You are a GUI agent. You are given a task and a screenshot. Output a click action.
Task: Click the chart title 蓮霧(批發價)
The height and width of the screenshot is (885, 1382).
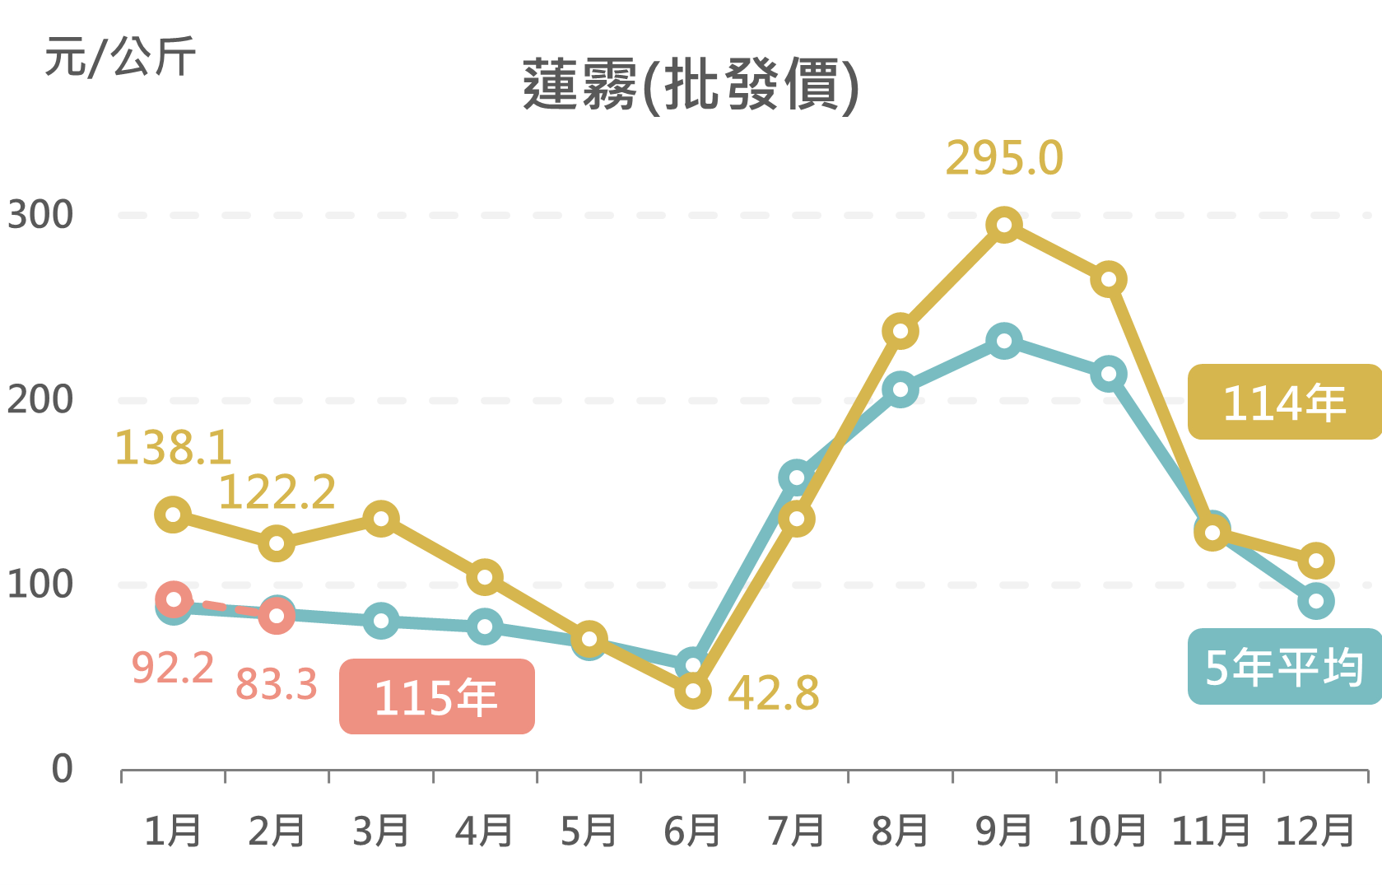(691, 85)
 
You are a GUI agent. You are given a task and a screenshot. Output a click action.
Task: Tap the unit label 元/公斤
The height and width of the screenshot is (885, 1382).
(120, 57)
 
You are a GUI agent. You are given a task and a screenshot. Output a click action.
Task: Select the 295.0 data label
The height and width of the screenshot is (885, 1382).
(1004, 158)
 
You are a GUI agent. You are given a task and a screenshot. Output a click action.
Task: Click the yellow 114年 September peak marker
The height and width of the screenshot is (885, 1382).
(1004, 225)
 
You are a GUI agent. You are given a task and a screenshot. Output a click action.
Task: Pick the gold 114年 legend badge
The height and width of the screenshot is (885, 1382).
(1283, 402)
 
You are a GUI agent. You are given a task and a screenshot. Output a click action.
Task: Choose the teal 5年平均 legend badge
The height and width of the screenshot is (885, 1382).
(1283, 667)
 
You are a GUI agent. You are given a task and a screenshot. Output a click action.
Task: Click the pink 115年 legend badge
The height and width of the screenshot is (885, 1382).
(436, 696)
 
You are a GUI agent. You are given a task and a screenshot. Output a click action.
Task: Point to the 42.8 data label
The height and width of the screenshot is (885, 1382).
(773, 693)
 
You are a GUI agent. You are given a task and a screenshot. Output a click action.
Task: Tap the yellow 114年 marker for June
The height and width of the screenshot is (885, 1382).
(693, 690)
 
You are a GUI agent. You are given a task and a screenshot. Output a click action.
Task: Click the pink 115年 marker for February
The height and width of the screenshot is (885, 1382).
(277, 615)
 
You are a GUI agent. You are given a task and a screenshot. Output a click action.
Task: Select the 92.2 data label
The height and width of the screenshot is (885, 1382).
(173, 667)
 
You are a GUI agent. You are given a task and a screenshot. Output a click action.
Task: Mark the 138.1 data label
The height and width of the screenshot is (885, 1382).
(173, 448)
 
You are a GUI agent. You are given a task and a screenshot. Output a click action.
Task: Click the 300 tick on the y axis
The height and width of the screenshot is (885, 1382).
(40, 215)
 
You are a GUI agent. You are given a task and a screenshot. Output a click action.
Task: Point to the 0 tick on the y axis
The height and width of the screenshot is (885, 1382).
(62, 769)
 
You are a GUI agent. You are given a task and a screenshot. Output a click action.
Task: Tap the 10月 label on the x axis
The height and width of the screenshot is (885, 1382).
(1107, 831)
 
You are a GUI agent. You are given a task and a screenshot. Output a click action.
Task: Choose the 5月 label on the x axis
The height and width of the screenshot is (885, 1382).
(589, 831)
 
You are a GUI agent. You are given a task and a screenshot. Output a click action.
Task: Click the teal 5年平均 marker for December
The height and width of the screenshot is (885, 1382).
(1315, 601)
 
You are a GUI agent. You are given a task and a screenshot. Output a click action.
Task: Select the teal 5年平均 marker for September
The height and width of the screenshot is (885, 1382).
(1004, 341)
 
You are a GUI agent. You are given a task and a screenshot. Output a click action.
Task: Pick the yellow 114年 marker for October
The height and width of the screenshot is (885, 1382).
(1109, 279)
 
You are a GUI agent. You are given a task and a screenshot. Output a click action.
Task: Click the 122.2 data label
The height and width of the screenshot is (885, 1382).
(277, 492)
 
